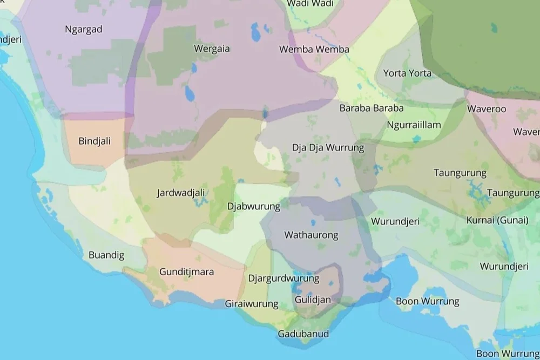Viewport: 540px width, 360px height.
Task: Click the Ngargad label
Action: pos(83,29)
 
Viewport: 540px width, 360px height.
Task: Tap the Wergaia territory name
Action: pos(212,49)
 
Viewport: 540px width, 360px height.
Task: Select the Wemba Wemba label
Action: pos(314,50)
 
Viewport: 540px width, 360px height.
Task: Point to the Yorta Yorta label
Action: pos(407,73)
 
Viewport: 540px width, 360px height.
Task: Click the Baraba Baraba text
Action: pos(372,108)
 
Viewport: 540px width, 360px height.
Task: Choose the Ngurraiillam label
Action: pos(414,125)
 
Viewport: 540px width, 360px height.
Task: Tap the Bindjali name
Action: pos(94,141)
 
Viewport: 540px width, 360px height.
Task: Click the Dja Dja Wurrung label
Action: pos(328,147)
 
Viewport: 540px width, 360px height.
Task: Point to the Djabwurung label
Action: pos(254,206)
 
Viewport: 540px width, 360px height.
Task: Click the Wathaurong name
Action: pos(311,235)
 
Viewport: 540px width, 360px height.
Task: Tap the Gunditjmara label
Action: pos(187,272)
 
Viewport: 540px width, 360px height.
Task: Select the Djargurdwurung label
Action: pos(283,279)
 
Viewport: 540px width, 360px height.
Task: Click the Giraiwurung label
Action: pos(252,304)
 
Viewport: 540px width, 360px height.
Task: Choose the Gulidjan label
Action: pos(313,299)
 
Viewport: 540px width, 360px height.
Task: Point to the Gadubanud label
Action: pos(303,334)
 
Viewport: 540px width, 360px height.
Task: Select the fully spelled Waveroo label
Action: pos(487,108)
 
